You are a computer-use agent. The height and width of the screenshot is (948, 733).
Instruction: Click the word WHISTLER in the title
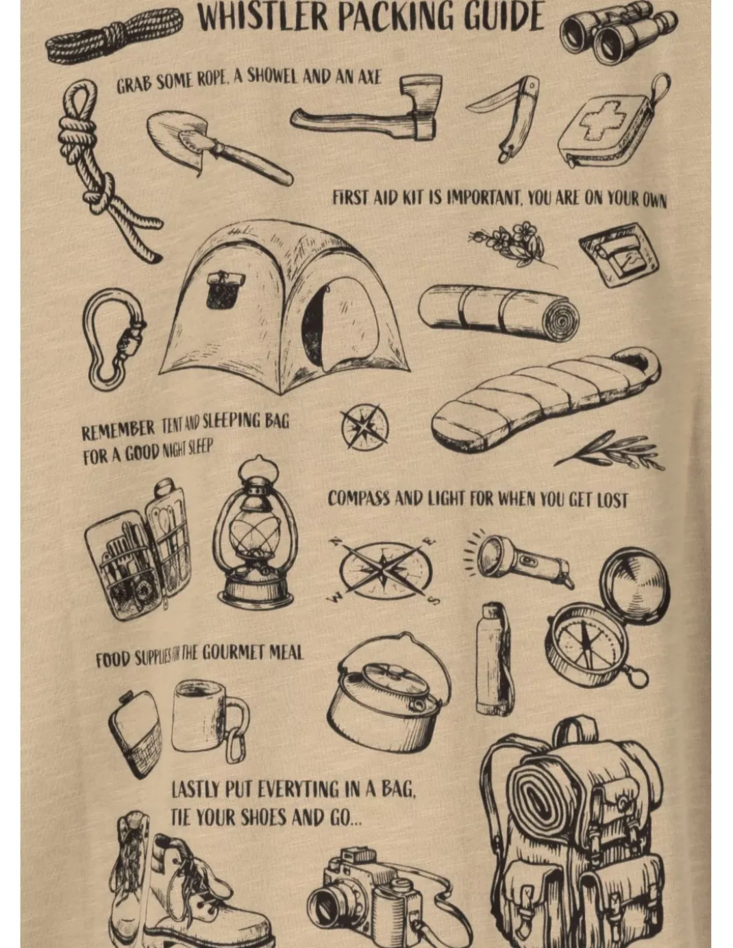click(x=264, y=17)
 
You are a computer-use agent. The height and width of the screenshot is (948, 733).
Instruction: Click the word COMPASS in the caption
click(x=358, y=499)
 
